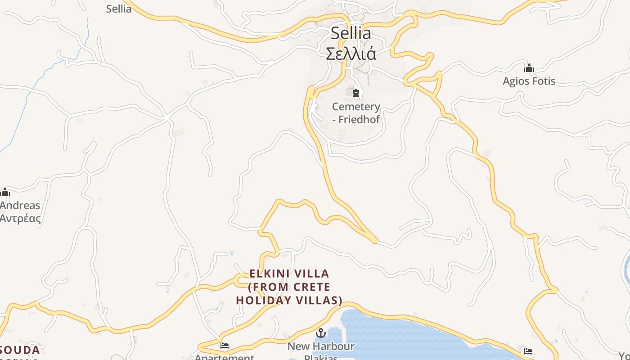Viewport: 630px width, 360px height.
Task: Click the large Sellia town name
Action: pos(351,33)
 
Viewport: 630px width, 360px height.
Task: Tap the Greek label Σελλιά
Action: pos(351,54)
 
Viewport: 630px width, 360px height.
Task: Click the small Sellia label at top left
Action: pos(119,9)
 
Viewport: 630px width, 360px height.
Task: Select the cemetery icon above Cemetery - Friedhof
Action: pos(356,93)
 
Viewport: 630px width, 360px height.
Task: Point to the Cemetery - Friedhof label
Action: pos(356,113)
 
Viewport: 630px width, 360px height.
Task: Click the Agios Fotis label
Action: pos(529,81)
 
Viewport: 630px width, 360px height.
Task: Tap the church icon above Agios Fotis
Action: pos(529,68)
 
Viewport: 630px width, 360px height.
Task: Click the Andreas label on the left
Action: pos(20,206)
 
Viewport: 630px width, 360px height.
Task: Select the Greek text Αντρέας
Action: pos(20,219)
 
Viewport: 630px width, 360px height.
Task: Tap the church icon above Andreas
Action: pos(5,193)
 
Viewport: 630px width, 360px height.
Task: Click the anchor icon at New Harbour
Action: pos(321,333)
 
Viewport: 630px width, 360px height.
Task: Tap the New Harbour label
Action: pos(321,346)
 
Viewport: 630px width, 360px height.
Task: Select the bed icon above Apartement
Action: pos(225,346)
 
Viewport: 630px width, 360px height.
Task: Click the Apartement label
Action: pos(225,357)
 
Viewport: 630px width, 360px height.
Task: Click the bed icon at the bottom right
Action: pos(528,351)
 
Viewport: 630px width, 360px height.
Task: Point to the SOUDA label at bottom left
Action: pos(20,350)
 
